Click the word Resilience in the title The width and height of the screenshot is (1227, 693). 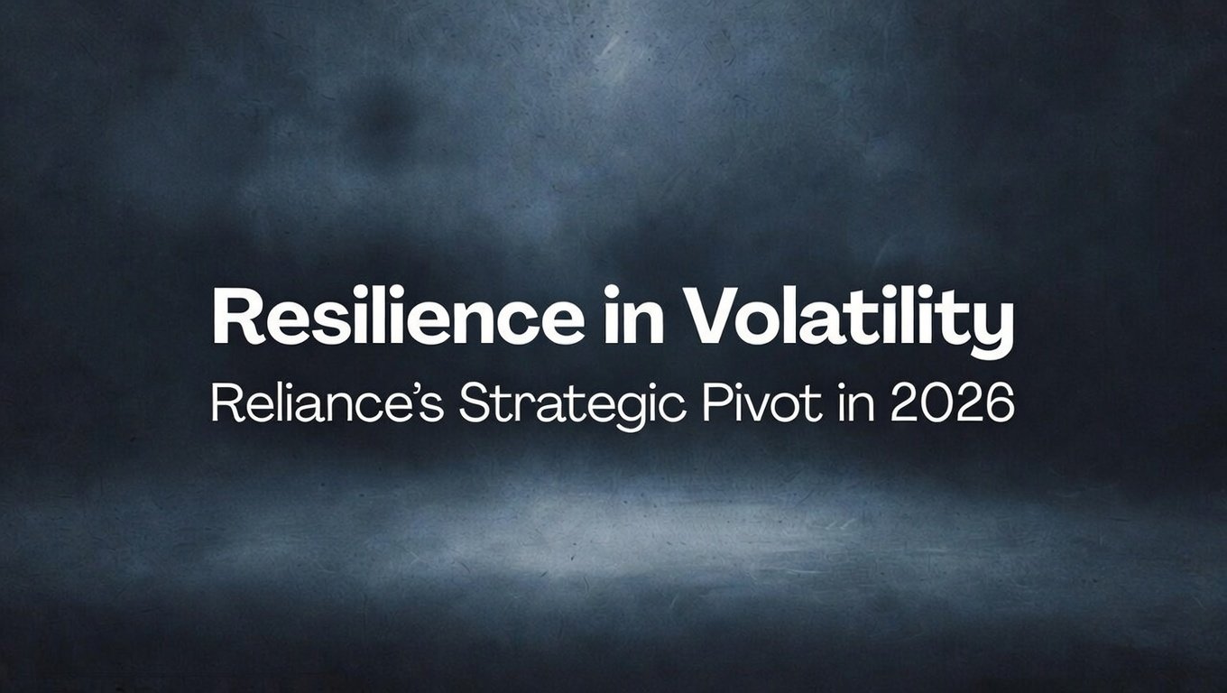398,319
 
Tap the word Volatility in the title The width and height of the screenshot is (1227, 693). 849,319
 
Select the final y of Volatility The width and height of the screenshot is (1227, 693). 995,325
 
